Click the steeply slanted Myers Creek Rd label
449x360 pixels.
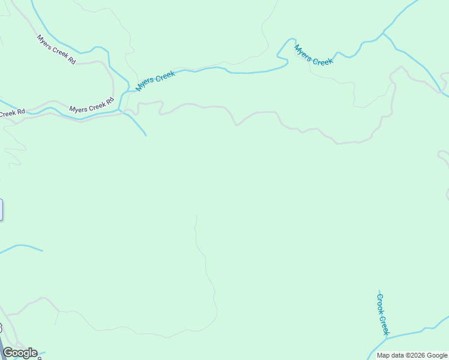point(56,50)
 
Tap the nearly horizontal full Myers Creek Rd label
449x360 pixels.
point(91,104)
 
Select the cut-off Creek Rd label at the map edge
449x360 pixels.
point(12,113)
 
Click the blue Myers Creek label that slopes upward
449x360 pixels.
point(155,81)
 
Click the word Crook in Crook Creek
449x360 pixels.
point(381,303)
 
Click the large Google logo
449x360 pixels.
point(20,353)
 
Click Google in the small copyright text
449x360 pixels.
point(436,355)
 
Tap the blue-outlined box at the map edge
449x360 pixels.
point(1,209)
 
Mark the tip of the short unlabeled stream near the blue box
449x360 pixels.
point(43,250)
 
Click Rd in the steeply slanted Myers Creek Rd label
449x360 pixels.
point(71,61)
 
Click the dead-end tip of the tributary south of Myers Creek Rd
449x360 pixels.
point(146,135)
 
